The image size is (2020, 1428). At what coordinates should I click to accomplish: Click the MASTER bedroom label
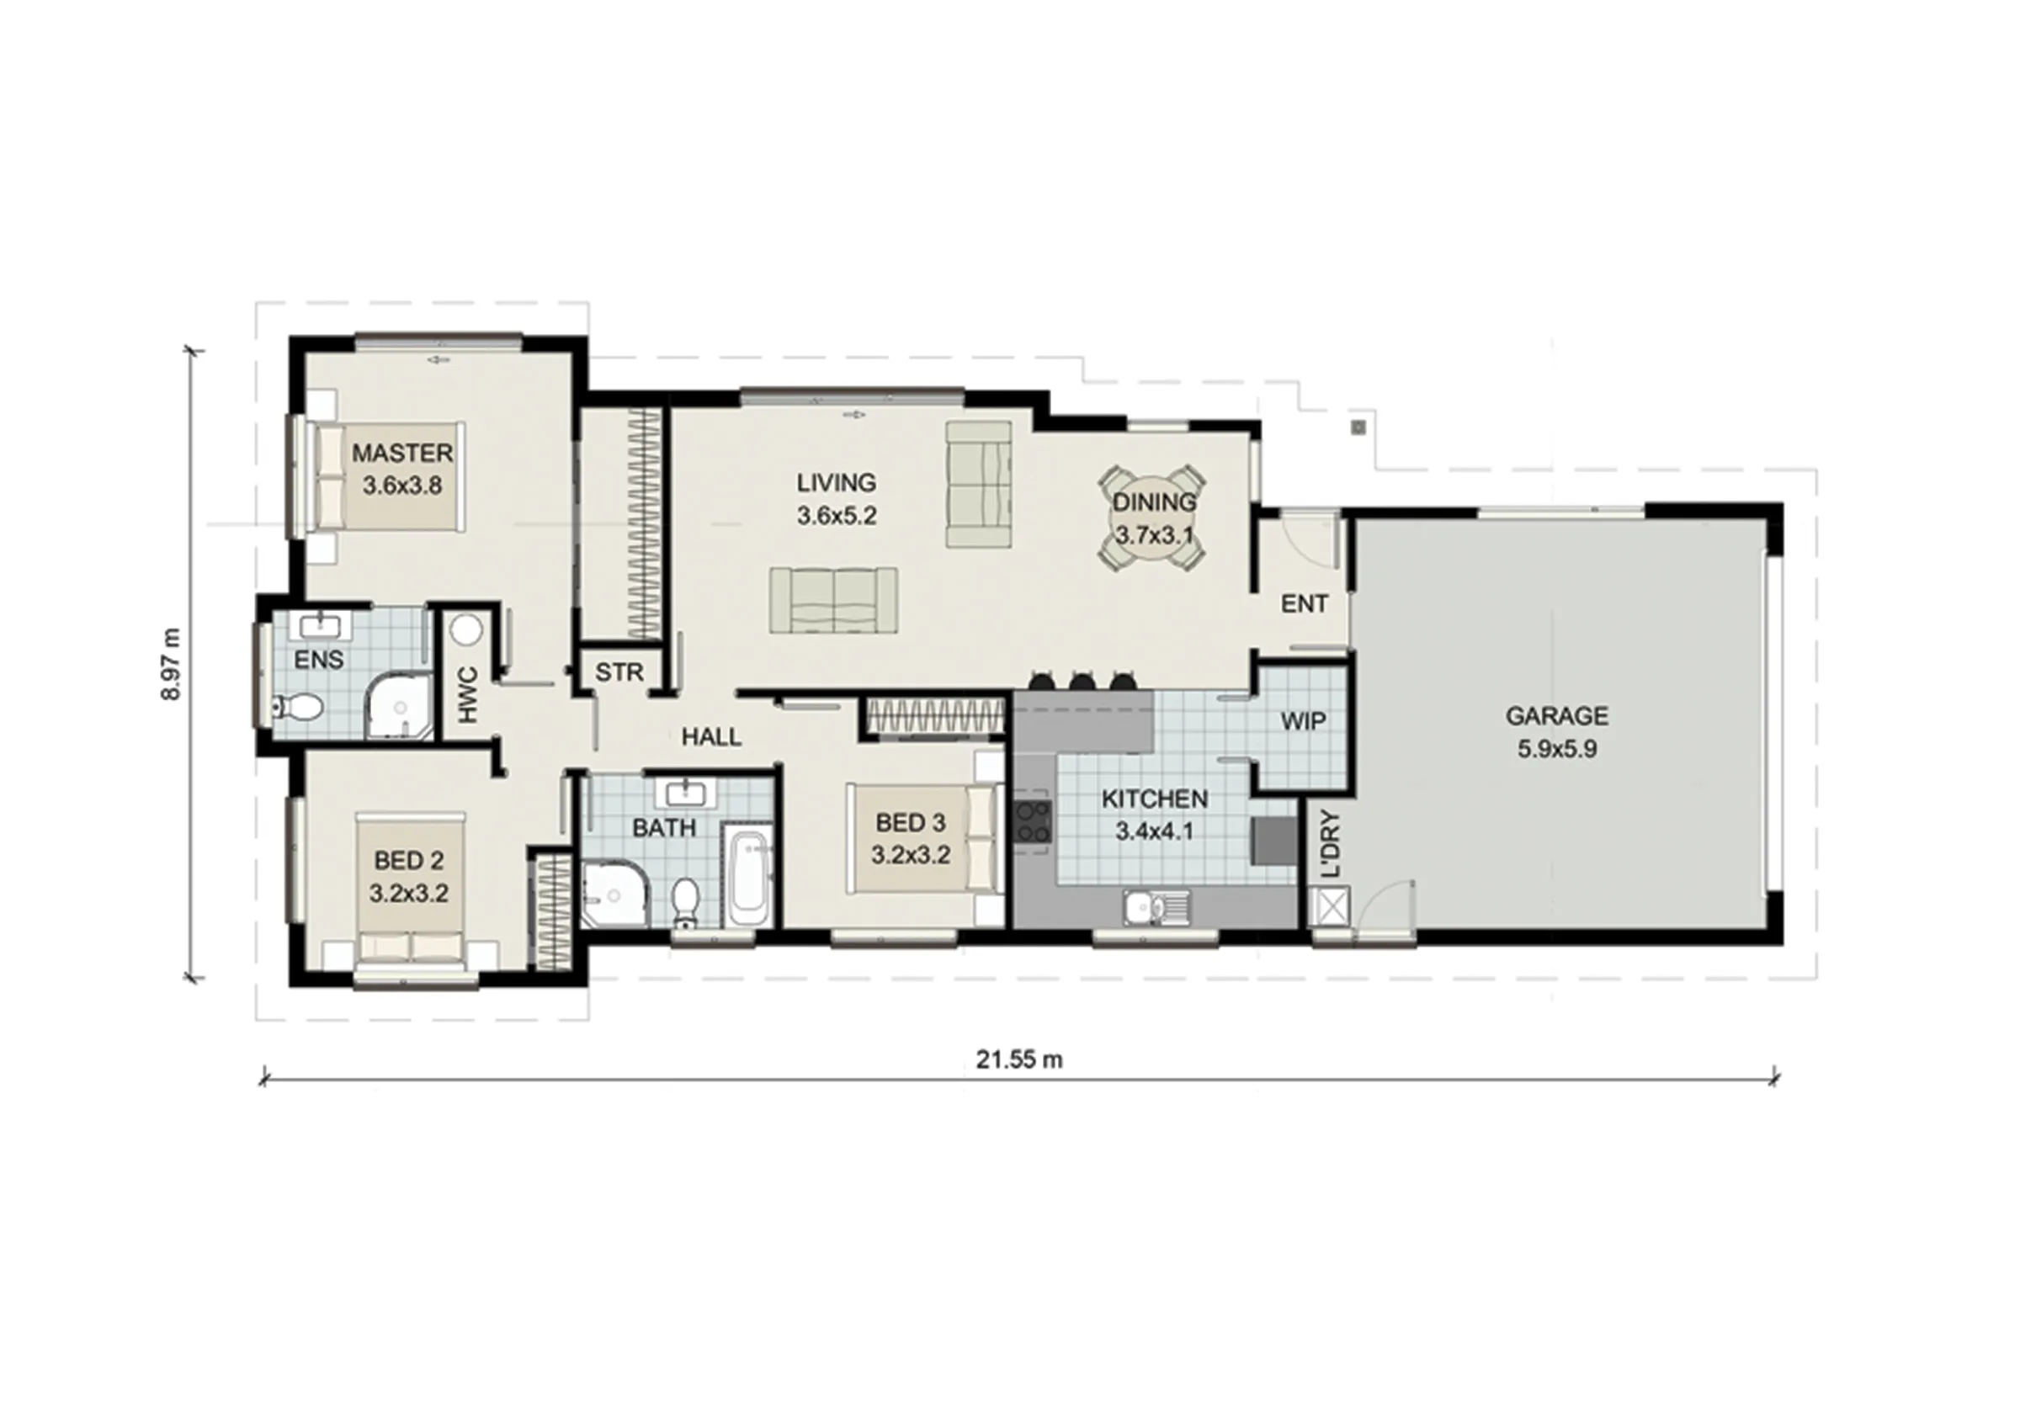(x=402, y=453)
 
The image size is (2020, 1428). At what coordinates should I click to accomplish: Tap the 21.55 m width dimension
(x=1018, y=1060)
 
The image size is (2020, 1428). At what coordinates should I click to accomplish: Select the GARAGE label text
(x=1556, y=716)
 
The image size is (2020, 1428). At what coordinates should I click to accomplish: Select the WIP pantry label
(x=1302, y=721)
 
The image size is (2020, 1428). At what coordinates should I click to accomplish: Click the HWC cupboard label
(x=468, y=695)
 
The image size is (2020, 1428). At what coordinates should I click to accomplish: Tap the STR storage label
(x=619, y=673)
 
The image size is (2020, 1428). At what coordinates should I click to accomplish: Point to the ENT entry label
(x=1304, y=603)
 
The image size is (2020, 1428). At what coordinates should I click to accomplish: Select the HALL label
(x=712, y=737)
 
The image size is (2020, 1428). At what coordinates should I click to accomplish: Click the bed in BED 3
(x=924, y=838)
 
